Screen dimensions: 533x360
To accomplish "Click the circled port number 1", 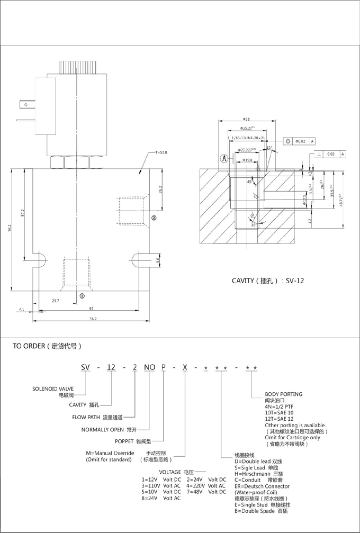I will (82, 296).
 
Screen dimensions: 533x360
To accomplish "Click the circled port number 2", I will (154, 218).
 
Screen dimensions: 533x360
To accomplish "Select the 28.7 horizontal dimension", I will (55, 300).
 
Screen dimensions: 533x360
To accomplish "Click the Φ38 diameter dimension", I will (246, 120).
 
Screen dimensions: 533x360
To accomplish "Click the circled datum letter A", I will (224, 158).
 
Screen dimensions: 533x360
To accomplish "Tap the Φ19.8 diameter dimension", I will (247, 159).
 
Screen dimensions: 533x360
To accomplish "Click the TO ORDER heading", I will (47, 347).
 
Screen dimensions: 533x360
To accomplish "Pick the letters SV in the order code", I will (85, 367).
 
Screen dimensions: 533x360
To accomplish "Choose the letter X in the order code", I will (184, 367).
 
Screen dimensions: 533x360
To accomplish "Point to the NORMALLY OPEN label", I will (103, 429).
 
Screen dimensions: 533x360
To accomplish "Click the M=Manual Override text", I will (110, 453).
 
